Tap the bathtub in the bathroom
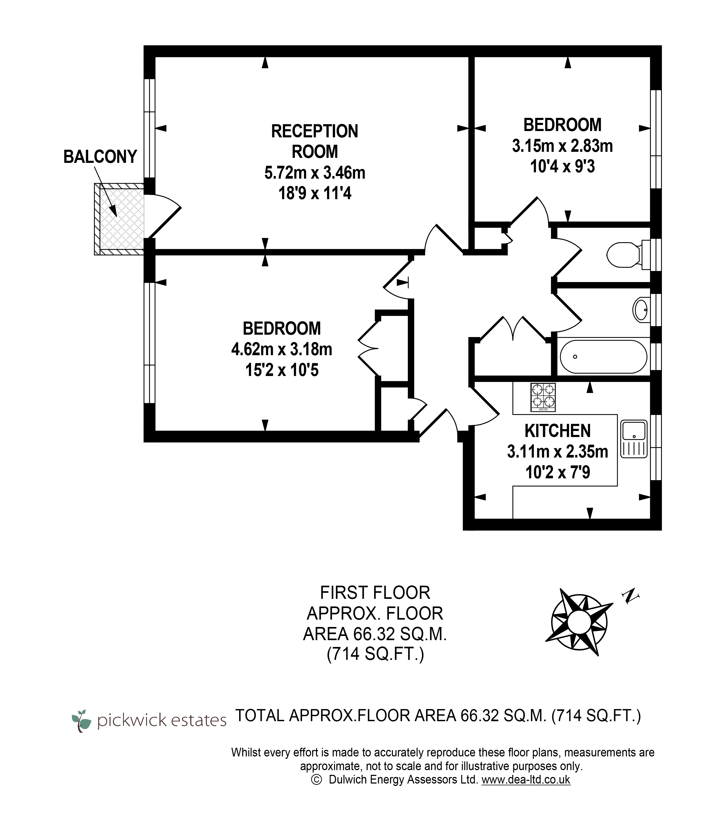603,357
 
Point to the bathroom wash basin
641,310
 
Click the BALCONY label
100,157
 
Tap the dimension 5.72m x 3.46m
315,173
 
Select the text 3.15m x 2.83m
562,146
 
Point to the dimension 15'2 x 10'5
282,370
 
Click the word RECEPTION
315,131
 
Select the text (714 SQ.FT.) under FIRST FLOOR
375,654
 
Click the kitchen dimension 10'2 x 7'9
558,473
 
